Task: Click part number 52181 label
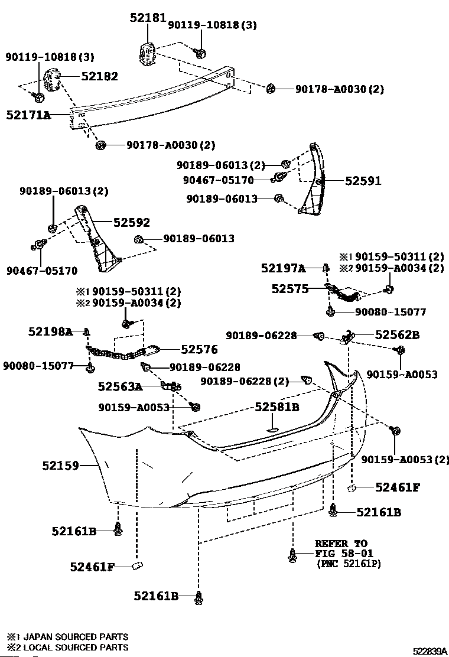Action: [x=148, y=18]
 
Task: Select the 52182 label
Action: [x=100, y=76]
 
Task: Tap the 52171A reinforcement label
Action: [x=28, y=115]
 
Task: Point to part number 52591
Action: [x=363, y=181]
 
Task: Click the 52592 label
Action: [x=132, y=223]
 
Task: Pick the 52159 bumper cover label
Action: [x=60, y=466]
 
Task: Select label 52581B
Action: [x=277, y=407]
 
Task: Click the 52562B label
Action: [x=397, y=335]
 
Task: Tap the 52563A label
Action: [x=120, y=386]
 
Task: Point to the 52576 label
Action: [x=199, y=349]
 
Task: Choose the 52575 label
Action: [x=290, y=289]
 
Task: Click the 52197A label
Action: [x=283, y=268]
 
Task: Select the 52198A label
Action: [x=51, y=332]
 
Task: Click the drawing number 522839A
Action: [x=430, y=651]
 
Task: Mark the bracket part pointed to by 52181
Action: [x=147, y=54]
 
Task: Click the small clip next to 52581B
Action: [x=273, y=429]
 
